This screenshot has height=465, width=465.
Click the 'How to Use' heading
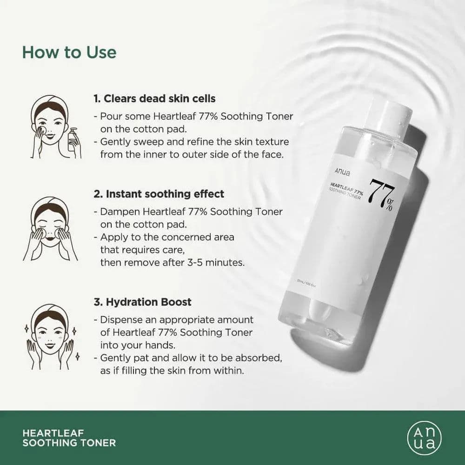point(69,52)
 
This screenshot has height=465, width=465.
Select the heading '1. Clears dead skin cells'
point(154,99)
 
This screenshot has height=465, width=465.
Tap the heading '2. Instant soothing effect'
point(159,194)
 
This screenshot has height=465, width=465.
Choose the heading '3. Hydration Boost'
point(142,302)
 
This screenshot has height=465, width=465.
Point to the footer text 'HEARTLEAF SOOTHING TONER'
point(69,438)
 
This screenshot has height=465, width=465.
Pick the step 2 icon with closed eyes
point(50,228)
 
